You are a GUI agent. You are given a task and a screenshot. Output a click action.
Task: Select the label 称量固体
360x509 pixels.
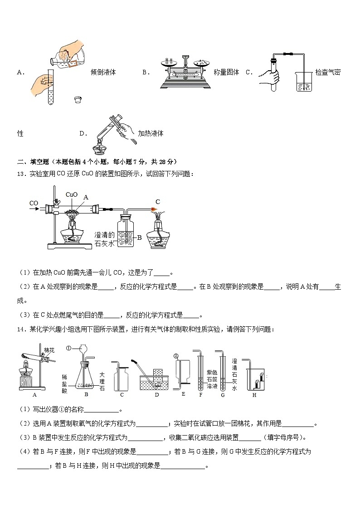[226, 72]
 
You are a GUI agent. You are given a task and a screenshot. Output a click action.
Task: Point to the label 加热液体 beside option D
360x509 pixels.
[151, 133]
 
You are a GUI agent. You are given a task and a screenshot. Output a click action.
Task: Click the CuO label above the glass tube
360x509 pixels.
[72, 194]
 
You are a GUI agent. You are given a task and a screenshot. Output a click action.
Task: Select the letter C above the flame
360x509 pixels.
[158, 202]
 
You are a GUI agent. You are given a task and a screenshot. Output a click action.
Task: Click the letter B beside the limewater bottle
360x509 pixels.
[140, 237]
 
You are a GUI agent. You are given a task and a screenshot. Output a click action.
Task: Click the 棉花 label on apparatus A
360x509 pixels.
[49, 350]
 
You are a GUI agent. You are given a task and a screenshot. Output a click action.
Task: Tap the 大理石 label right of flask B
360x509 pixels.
[102, 381]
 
